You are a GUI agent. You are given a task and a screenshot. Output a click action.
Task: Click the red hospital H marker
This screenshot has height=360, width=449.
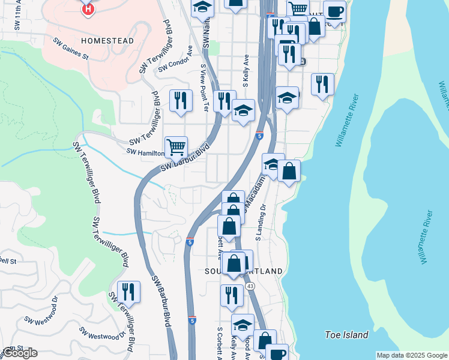(88, 9)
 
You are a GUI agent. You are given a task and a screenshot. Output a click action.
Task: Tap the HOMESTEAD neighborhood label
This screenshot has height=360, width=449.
(107, 41)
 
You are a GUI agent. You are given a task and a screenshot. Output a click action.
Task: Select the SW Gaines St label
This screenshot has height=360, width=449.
(71, 49)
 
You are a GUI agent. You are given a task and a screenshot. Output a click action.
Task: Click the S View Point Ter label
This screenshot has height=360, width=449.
(204, 89)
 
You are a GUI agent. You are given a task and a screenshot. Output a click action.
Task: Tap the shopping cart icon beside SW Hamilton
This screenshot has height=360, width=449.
(176, 146)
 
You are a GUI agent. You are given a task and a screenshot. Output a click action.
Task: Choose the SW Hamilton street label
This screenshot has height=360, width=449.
(145, 152)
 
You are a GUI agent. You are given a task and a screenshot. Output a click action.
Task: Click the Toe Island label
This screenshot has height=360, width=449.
(346, 335)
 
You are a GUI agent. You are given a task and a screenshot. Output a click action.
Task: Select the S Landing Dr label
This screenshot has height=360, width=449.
(261, 221)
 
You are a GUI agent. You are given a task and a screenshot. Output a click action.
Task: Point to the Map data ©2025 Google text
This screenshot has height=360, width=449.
(411, 355)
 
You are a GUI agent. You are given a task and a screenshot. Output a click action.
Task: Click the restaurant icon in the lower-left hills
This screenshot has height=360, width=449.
(128, 292)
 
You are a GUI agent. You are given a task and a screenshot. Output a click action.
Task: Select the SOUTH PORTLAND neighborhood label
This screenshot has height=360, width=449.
(243, 271)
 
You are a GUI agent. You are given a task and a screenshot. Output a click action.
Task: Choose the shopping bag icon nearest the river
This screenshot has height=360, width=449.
(289, 170)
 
